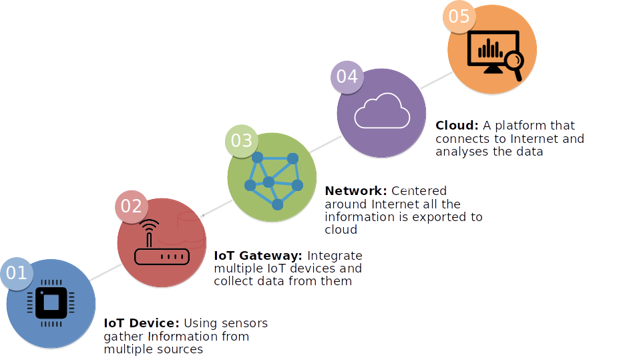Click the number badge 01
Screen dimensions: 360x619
pos(17,273)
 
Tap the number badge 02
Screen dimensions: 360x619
pos(131,206)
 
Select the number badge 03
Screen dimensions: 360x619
pos(242,141)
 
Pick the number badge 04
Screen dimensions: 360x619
pos(347,77)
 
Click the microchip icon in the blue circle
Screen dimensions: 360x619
pos(51,303)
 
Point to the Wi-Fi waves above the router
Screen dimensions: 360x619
pos(150,224)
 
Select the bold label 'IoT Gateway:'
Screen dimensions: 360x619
pos(258,256)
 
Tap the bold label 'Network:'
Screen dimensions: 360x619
pos(355,191)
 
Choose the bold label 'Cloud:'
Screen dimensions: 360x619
pos(457,126)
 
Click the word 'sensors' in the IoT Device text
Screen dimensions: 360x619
pos(244,323)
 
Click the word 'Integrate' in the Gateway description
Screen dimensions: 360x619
pos(335,256)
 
